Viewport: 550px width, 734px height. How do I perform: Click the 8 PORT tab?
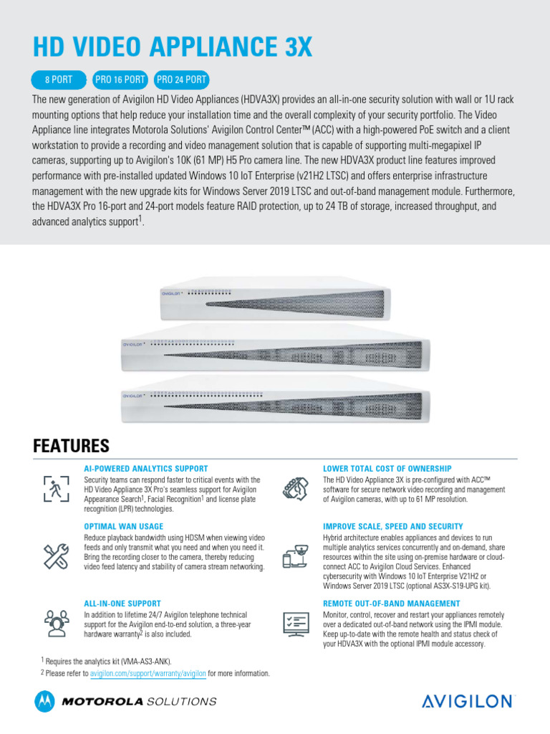coord(58,79)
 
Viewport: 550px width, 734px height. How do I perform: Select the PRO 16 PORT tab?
coord(121,79)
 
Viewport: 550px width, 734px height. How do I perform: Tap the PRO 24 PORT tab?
coord(181,79)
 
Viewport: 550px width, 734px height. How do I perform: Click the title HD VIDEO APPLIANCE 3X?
coord(173,47)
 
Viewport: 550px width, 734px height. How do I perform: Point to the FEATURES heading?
coord(71,446)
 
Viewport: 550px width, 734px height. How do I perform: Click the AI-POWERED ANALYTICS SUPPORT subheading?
coord(146,468)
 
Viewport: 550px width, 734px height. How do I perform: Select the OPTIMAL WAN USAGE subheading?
coord(123,526)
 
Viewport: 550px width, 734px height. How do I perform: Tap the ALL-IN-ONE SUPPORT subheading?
coord(122,604)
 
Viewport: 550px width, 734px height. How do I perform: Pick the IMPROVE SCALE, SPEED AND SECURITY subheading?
coord(393,526)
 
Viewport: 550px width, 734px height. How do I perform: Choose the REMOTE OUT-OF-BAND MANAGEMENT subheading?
coord(392,604)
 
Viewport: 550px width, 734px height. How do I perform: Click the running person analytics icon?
coord(56,489)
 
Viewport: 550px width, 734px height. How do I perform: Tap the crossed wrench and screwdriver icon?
coord(56,554)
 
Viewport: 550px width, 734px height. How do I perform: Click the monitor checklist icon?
coord(296,624)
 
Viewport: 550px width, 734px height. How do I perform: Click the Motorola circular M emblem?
coord(44,701)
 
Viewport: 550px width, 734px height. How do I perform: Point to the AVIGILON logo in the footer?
coord(468,701)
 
